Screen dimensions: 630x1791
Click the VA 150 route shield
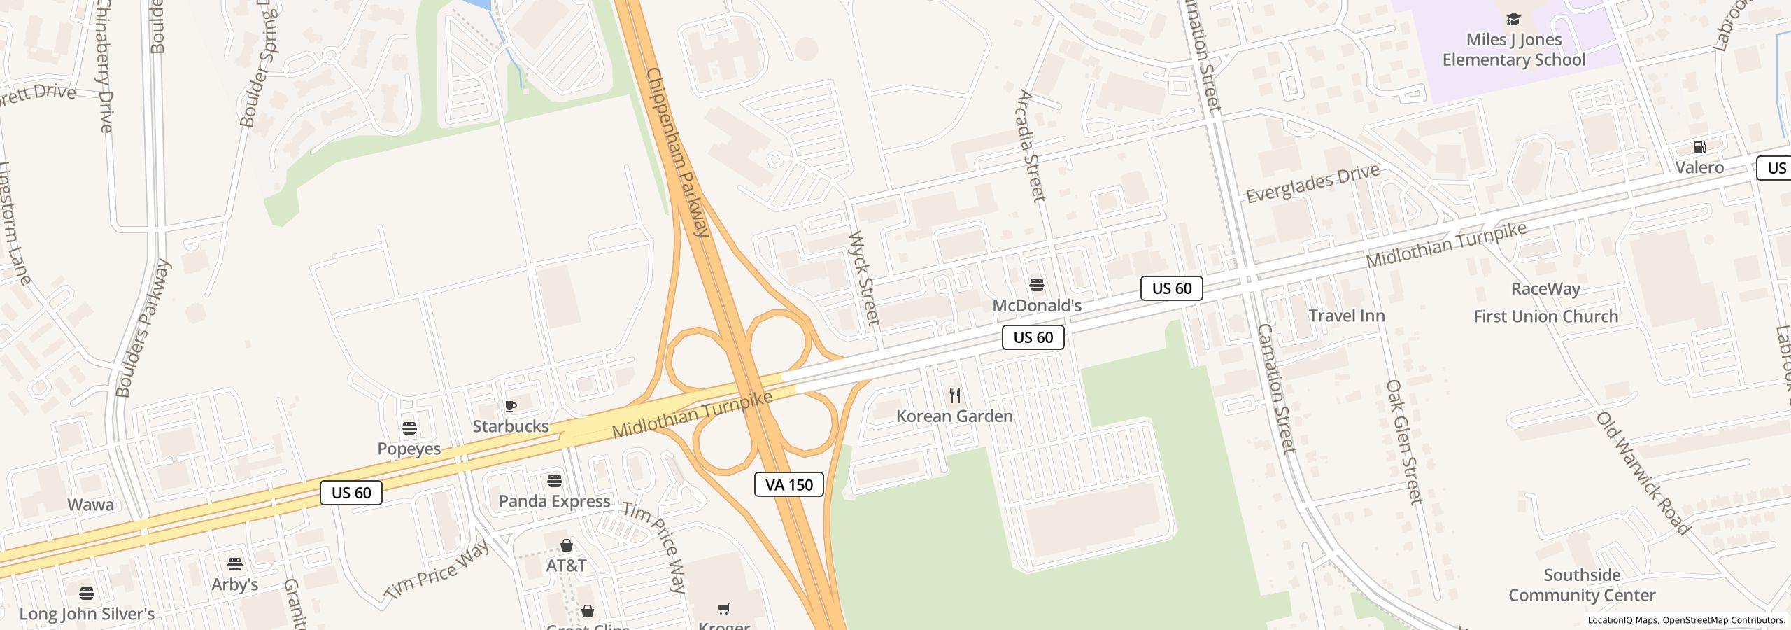tap(788, 484)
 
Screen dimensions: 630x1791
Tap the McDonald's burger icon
tap(1037, 285)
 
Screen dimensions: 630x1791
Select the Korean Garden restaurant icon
tap(955, 395)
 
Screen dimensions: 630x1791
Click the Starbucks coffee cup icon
tap(511, 406)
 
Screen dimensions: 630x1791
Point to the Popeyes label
tap(409, 449)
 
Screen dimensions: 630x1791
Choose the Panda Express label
tap(554, 501)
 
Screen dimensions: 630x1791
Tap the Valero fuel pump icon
tap(1699, 147)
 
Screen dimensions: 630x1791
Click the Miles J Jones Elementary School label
tap(1514, 50)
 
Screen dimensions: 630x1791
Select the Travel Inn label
tap(1347, 316)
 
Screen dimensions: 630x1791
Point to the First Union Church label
tap(1545, 316)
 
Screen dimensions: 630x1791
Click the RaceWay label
tap(1545, 289)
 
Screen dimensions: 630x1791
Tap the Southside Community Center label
tap(1582, 585)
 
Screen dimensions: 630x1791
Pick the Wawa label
tap(90, 505)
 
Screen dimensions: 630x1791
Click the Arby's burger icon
tap(235, 564)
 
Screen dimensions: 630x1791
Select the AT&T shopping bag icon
tap(567, 545)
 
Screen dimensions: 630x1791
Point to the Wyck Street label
tap(863, 279)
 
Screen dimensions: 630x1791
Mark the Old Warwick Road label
tap(1643, 473)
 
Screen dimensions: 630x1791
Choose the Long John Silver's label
tap(87, 614)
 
